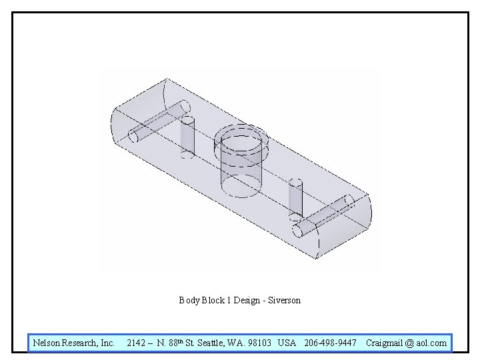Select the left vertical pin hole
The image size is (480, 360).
click(187, 137)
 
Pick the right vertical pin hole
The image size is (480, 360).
click(295, 199)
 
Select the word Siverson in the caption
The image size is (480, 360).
click(284, 301)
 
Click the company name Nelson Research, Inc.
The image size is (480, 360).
click(74, 343)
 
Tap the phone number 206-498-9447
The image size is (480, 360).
click(330, 343)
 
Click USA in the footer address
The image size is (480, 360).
click(287, 343)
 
